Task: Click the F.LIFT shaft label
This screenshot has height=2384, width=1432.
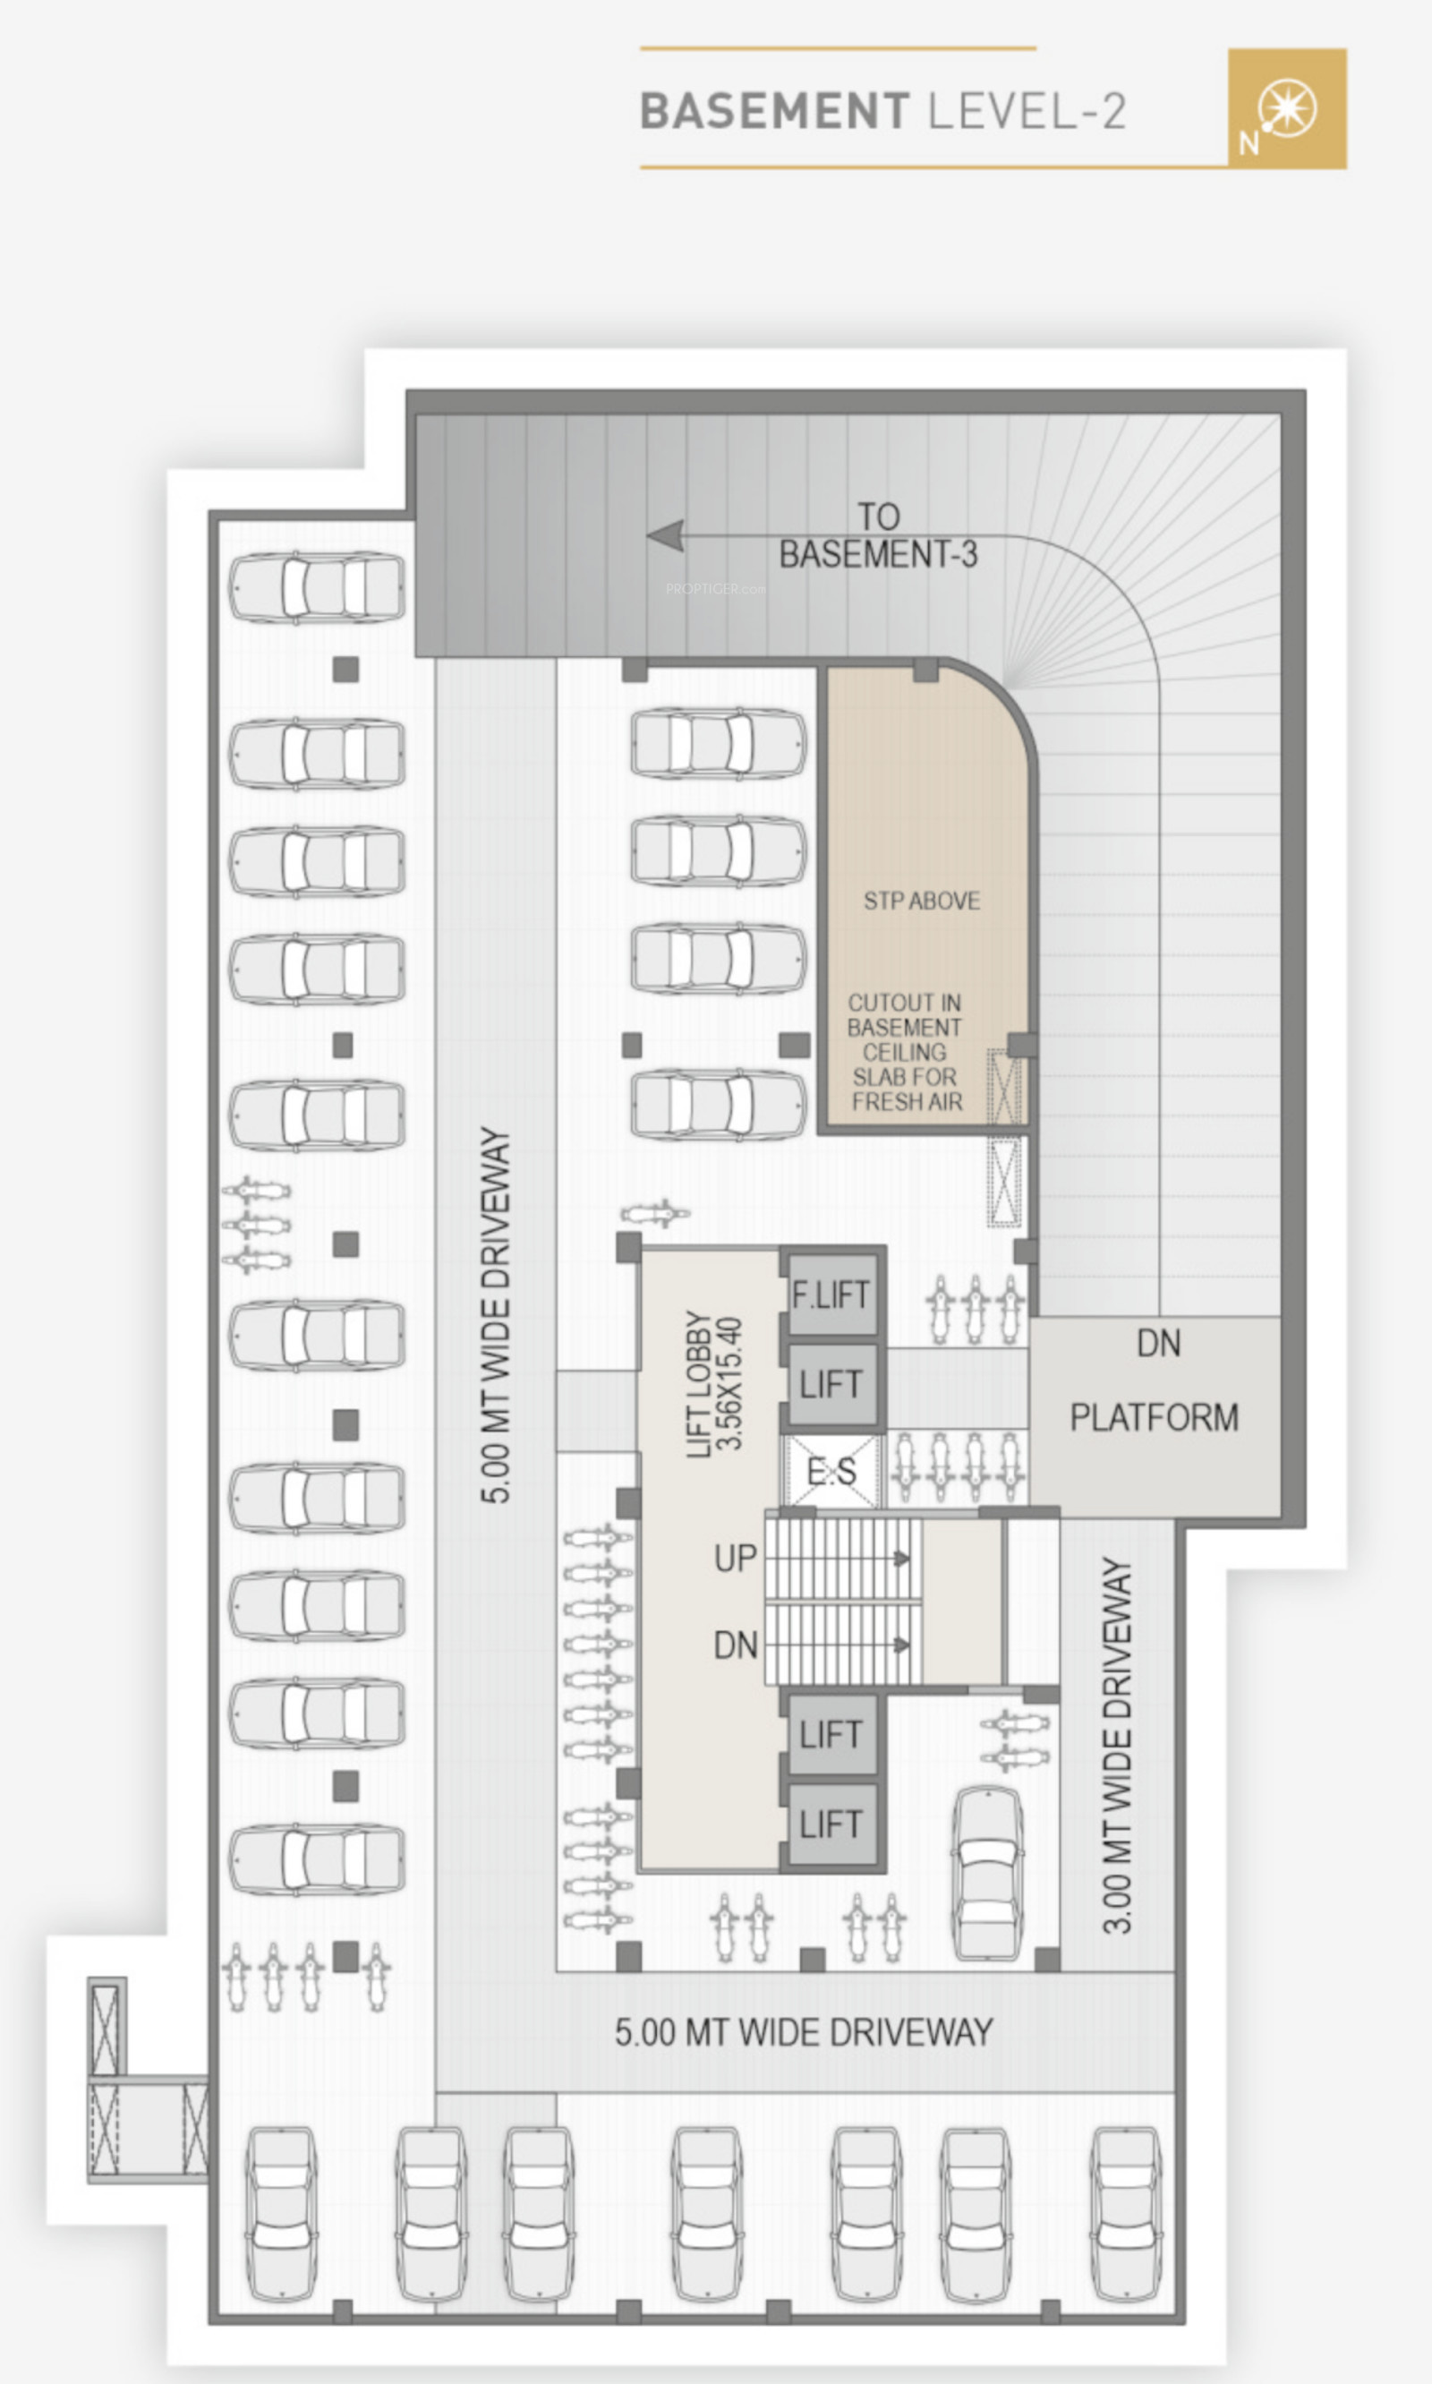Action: pyautogui.click(x=831, y=1295)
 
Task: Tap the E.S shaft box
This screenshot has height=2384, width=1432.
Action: pyautogui.click(x=831, y=1471)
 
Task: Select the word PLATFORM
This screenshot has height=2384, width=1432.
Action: pyautogui.click(x=1154, y=1417)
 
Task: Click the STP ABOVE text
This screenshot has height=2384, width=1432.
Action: pyautogui.click(x=922, y=901)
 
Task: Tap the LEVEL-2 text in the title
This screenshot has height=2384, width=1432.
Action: pyautogui.click(x=1027, y=111)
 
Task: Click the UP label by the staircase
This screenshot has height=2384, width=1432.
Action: pyautogui.click(x=736, y=1558)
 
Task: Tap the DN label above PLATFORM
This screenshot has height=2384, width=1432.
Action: pyautogui.click(x=1158, y=1343)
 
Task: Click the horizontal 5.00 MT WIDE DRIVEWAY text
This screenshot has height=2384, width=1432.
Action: pyautogui.click(x=804, y=2031)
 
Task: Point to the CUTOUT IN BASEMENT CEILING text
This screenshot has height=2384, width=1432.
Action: pyautogui.click(x=905, y=1052)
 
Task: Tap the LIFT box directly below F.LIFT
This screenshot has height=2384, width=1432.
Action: pyautogui.click(x=831, y=1384)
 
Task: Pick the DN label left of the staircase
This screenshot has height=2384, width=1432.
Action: pyautogui.click(x=736, y=1645)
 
